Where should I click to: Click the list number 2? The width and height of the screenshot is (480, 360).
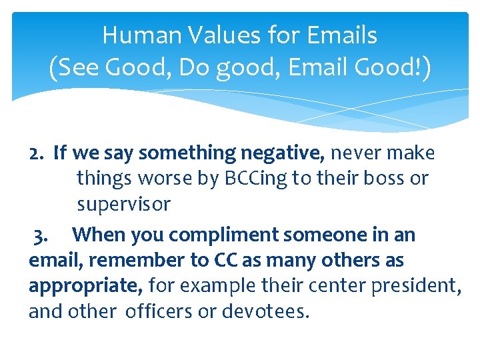tap(37, 153)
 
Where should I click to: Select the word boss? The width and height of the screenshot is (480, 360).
tap(381, 179)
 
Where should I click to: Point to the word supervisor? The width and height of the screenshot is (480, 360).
tap(123, 204)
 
